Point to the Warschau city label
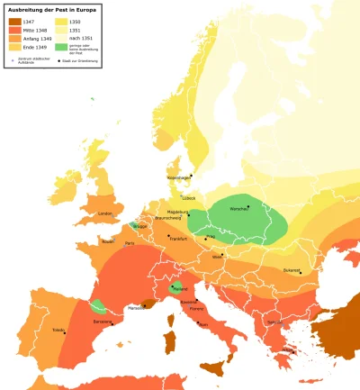click(238, 208)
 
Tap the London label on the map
click(104, 213)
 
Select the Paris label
click(130, 243)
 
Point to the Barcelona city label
click(101, 321)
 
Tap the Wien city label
click(217, 257)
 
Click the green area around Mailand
click(178, 290)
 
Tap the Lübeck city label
click(188, 197)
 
